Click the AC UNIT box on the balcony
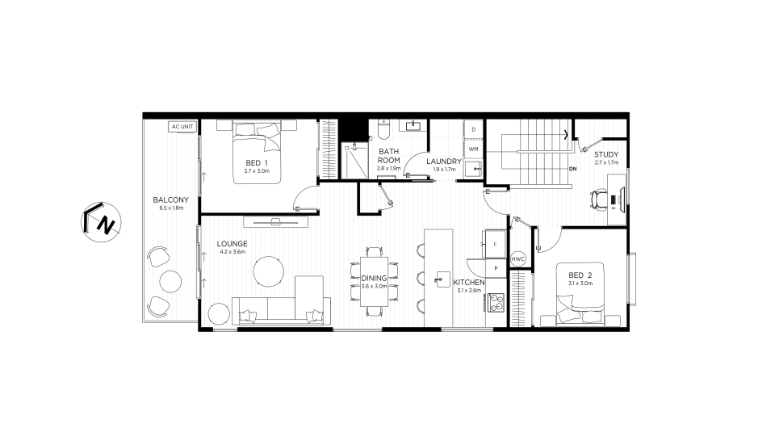click(182, 127)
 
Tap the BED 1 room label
click(257, 163)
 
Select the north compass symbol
click(101, 222)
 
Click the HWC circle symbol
click(517, 259)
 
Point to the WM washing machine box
click(474, 149)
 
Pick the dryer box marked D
click(474, 130)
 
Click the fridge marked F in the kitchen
click(495, 244)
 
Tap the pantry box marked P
click(496, 268)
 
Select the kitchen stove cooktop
click(496, 302)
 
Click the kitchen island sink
click(441, 279)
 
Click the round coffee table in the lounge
click(269, 271)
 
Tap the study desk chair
click(599, 200)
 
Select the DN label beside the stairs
click(573, 169)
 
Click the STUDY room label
click(606, 154)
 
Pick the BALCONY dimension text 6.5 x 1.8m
click(171, 208)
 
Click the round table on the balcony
click(170, 281)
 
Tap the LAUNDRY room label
click(444, 161)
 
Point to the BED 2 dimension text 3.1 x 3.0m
click(580, 283)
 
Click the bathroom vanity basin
click(413, 126)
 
